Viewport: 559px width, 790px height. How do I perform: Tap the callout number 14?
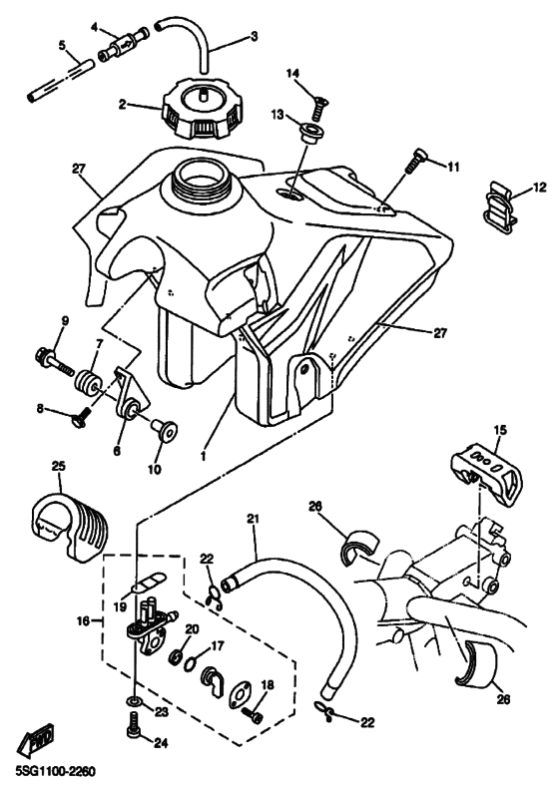[x=293, y=74]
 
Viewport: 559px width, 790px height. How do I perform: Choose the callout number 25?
[x=59, y=467]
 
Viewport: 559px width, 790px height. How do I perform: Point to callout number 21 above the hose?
[x=252, y=519]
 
